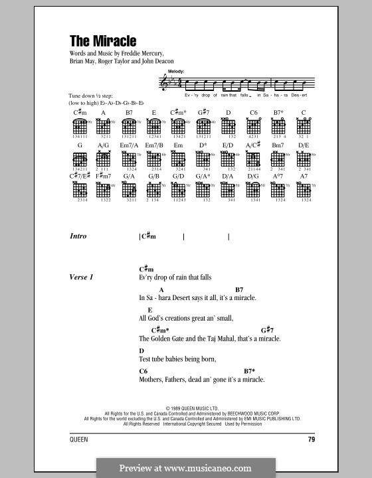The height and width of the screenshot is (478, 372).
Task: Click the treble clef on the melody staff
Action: click(x=163, y=82)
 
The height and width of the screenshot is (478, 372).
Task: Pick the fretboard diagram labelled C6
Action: click(x=252, y=125)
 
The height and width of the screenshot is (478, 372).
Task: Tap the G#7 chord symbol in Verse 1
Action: click(x=267, y=330)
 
